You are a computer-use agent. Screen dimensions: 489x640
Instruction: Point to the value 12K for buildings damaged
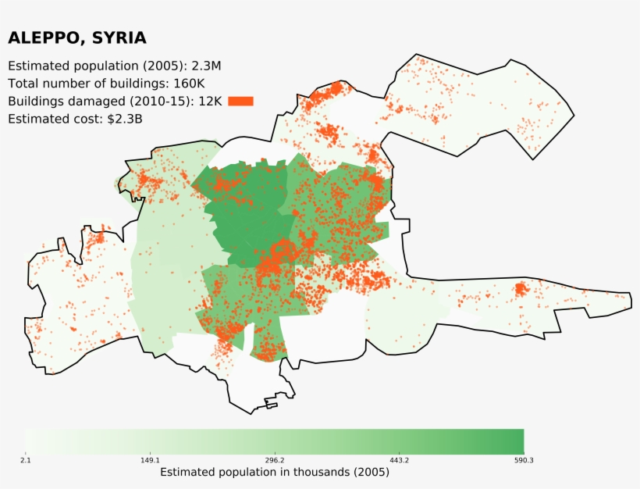pyautogui.click(x=210, y=102)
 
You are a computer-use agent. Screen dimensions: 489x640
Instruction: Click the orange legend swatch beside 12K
pyautogui.click(x=240, y=101)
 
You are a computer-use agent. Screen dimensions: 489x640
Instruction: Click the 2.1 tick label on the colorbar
pyautogui.click(x=26, y=461)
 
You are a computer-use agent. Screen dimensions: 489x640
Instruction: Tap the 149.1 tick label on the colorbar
pyautogui.click(x=150, y=461)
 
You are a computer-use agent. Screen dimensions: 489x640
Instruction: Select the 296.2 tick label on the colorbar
pyautogui.click(x=275, y=461)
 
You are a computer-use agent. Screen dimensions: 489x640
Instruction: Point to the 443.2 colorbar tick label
pyautogui.click(x=399, y=461)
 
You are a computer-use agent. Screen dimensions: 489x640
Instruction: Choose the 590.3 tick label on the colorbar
pyautogui.click(x=523, y=461)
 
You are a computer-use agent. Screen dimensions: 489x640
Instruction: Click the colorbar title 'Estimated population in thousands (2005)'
pyautogui.click(x=274, y=473)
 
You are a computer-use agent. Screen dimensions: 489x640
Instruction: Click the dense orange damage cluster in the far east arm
pyautogui.click(x=520, y=291)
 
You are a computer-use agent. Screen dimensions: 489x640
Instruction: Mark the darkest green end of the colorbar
pyautogui.click(x=518, y=441)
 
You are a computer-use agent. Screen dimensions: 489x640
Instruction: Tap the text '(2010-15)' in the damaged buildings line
pyautogui.click(x=162, y=102)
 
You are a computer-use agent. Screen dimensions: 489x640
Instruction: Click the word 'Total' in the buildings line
pyautogui.click(x=23, y=84)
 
